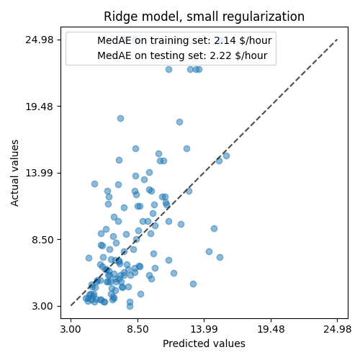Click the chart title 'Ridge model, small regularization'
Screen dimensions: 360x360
click(x=204, y=17)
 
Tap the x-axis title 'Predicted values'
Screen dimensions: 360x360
click(x=204, y=344)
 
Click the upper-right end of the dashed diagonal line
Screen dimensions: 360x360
click(x=337, y=40)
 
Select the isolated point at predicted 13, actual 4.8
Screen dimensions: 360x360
click(x=193, y=284)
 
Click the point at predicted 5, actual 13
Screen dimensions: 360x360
click(x=94, y=184)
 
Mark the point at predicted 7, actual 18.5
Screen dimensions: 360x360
click(x=120, y=118)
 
